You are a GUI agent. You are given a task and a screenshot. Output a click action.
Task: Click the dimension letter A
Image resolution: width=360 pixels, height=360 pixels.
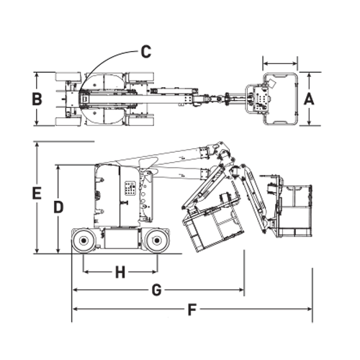click(x=309, y=99)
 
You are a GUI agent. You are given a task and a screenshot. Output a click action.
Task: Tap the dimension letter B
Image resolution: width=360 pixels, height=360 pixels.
click(x=37, y=99)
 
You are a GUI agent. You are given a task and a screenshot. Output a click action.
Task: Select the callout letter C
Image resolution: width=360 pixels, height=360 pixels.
click(x=146, y=51)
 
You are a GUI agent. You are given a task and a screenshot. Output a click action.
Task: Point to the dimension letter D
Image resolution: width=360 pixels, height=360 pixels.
click(x=58, y=207)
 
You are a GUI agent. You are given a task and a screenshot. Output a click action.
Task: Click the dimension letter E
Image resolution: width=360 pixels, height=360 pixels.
click(x=37, y=193)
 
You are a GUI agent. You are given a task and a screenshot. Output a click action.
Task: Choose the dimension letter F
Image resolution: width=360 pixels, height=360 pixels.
click(x=192, y=309)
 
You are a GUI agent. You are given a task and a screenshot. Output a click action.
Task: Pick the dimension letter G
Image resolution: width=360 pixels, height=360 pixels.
click(x=156, y=290)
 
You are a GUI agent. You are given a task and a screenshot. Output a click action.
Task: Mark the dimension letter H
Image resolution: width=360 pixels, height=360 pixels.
click(x=120, y=272)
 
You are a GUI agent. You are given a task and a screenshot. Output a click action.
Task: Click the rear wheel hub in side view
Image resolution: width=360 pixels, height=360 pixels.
click(x=84, y=240)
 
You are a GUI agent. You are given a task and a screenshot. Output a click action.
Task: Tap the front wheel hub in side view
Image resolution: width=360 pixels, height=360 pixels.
click(x=157, y=240)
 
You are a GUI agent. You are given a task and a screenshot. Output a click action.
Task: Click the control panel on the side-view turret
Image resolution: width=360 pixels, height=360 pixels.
click(x=130, y=189)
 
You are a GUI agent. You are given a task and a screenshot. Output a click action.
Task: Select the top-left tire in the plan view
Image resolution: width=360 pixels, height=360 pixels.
click(x=68, y=76)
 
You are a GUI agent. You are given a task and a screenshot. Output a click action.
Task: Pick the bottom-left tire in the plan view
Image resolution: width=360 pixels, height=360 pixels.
click(x=68, y=122)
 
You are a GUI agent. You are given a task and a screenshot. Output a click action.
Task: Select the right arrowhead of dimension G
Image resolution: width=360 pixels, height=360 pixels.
click(x=241, y=290)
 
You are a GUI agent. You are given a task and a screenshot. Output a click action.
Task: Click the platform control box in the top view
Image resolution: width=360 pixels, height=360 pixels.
click(x=261, y=99)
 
